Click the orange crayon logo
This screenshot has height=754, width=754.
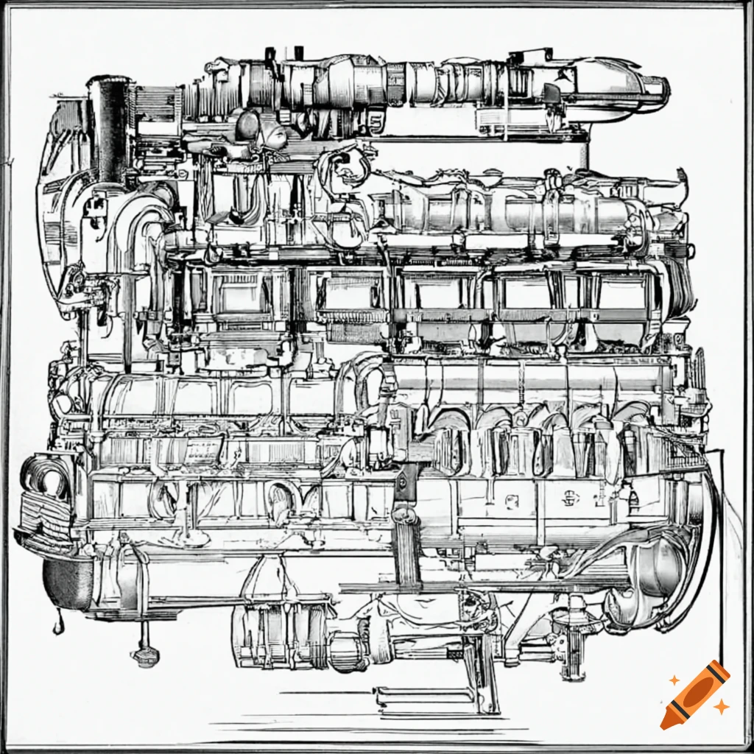695,695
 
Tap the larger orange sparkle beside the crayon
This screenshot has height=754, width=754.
722,707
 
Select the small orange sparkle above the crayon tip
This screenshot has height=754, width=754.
673,679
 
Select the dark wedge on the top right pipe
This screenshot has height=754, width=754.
551,94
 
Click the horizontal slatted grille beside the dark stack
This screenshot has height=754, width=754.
151,103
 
